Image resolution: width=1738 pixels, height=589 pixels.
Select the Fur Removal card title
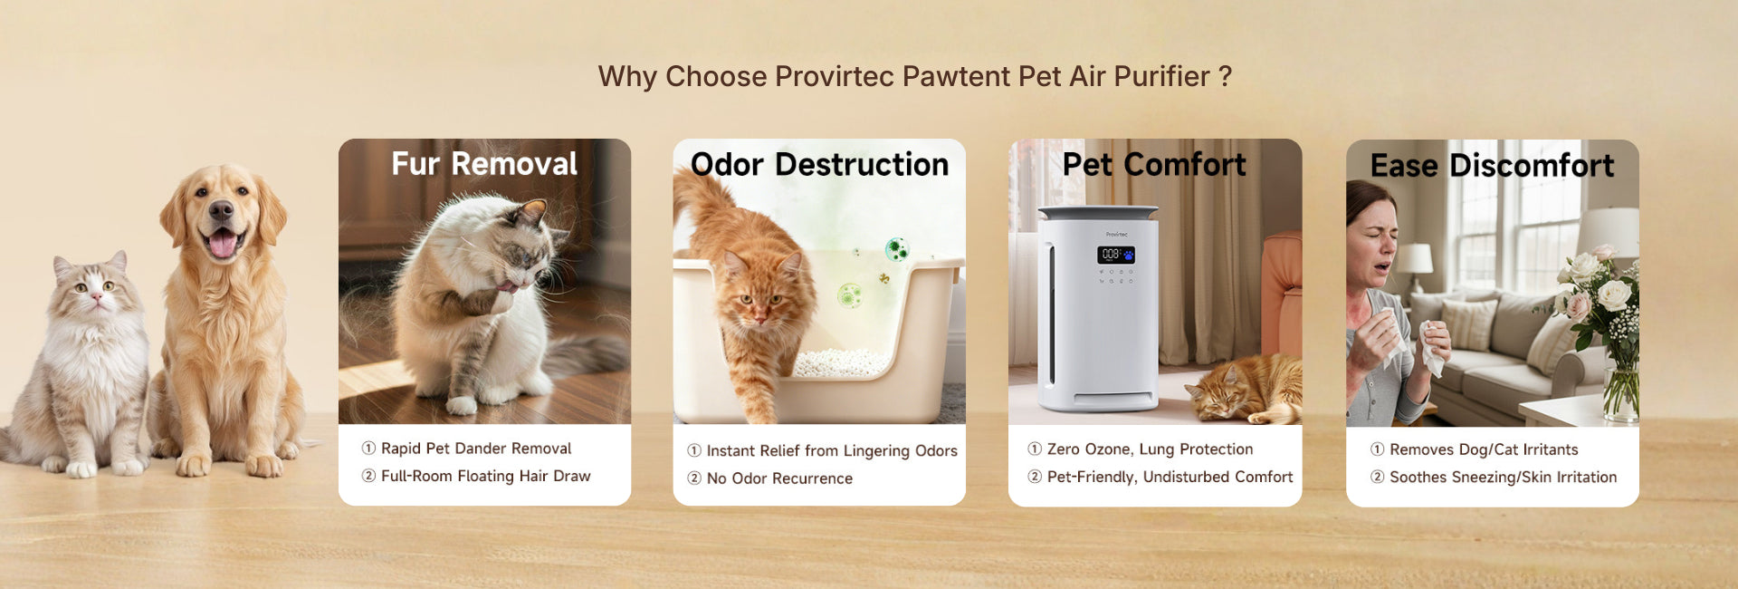pyautogui.click(x=484, y=164)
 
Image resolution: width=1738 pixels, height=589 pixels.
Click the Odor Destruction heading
pyautogui.click(x=819, y=165)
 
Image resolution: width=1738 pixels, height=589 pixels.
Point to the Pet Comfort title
pyautogui.click(x=1154, y=165)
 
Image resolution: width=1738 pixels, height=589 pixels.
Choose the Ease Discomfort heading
pyautogui.click(x=1492, y=166)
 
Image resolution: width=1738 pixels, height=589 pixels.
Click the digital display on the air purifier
pyautogui.click(x=1115, y=255)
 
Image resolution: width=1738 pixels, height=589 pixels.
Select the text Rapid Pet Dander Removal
pyautogui.click(x=476, y=449)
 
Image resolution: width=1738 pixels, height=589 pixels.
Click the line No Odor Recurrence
pyautogui.click(x=779, y=478)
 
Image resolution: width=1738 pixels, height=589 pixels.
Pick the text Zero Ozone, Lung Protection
pyautogui.click(x=1150, y=449)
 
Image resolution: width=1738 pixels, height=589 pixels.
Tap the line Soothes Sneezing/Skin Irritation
pyautogui.click(x=1503, y=478)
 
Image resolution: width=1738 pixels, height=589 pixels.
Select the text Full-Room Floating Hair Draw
pyautogui.click(x=485, y=476)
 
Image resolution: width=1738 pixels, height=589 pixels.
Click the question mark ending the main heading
pyautogui.click(x=1225, y=76)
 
